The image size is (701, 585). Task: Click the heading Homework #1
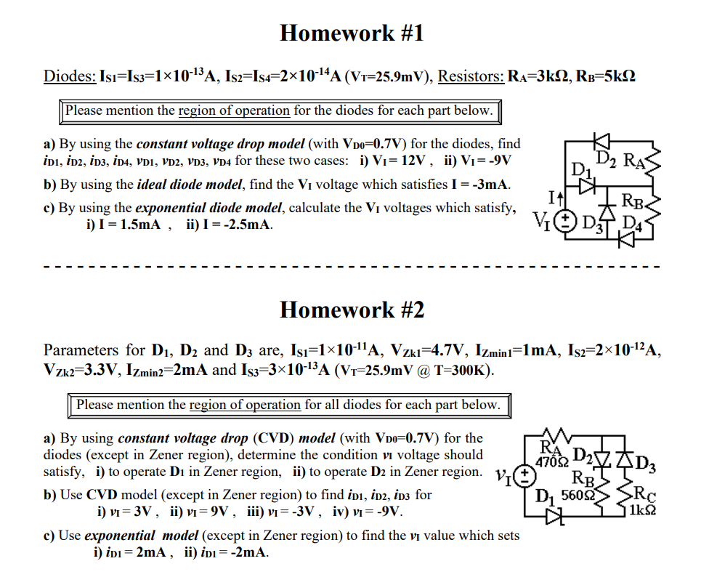pyautogui.click(x=351, y=33)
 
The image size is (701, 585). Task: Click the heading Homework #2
pyautogui.click(x=352, y=310)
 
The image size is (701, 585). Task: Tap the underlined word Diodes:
pyautogui.click(x=70, y=76)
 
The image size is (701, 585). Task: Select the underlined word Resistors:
pyautogui.click(x=471, y=76)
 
